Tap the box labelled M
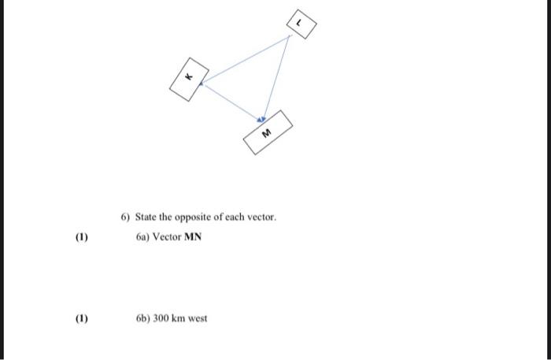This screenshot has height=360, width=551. click(x=268, y=132)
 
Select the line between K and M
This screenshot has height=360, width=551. click(x=234, y=99)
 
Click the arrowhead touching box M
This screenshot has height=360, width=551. click(x=264, y=118)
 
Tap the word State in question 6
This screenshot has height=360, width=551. click(x=146, y=217)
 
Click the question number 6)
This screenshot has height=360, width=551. click(x=126, y=217)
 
